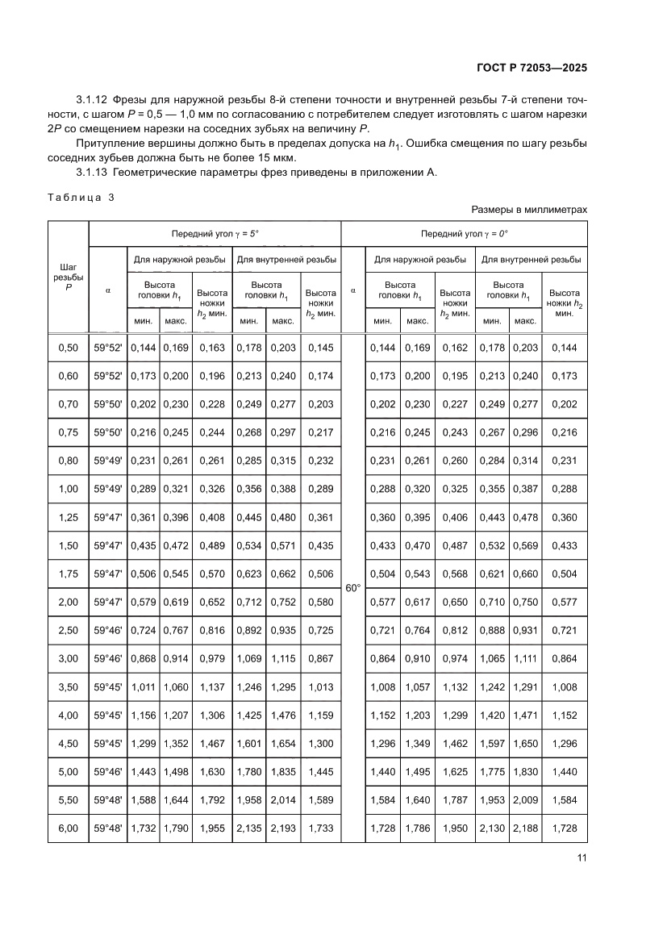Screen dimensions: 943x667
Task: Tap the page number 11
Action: pos(581,857)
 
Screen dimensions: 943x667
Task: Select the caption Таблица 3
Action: pos(81,197)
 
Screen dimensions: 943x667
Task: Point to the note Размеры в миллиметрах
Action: pos(529,210)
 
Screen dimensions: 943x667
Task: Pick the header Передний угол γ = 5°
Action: pos(215,234)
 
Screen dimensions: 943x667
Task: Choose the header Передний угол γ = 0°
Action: pos(464,234)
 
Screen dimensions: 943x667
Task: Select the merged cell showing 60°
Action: pos(353,588)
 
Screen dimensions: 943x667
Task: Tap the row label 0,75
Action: pos(69,432)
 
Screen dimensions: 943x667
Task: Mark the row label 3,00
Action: pos(69,658)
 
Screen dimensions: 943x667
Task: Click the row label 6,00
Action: pos(69,828)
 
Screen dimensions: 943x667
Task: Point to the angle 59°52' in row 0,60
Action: pos(107,376)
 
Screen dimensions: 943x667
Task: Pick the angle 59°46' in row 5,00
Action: pos(107,771)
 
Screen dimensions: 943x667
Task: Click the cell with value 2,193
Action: pos(282,828)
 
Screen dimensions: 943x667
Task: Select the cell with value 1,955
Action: pos(212,828)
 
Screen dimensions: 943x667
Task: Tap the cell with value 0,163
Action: pos(212,348)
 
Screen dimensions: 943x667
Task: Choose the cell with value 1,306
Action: pos(212,715)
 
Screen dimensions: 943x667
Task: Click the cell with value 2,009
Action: pos(526,799)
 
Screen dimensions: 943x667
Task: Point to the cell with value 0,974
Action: pos(455,658)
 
